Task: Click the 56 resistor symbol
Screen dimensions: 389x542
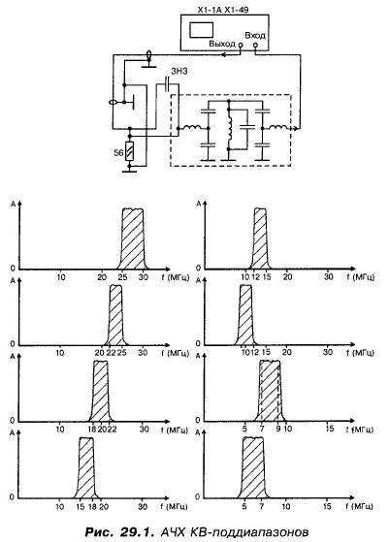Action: click(129, 151)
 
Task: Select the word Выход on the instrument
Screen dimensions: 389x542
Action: click(222, 45)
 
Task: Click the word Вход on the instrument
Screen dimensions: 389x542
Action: click(255, 36)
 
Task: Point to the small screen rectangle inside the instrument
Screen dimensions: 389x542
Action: click(201, 30)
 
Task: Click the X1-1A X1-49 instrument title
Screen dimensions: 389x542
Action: click(223, 10)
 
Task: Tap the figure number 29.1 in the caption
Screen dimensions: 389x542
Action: click(135, 532)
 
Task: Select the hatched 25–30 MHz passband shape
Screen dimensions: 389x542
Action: click(133, 239)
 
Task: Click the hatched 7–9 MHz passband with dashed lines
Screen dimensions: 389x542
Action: click(270, 391)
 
